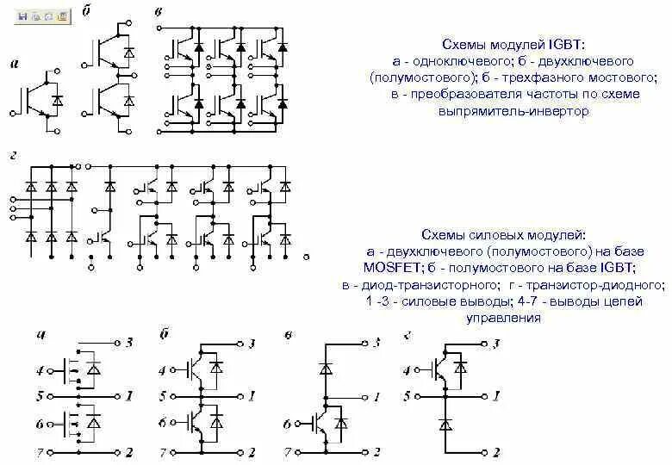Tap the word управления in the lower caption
click(x=515, y=318)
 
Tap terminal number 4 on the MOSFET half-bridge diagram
click(x=40, y=372)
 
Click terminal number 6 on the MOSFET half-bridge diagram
click(x=40, y=425)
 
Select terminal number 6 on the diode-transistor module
click(x=287, y=425)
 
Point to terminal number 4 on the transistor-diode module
click(x=407, y=372)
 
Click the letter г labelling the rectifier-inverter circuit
click(x=13, y=154)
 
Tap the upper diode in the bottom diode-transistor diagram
click(x=326, y=368)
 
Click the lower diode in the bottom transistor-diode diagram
click(x=445, y=424)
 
